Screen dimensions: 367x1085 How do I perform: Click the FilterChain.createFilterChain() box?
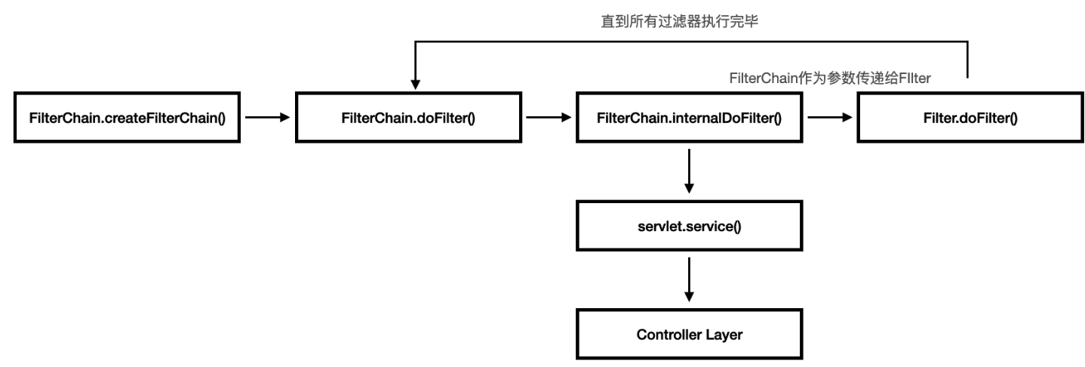point(127,118)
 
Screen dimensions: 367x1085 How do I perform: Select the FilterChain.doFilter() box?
point(407,118)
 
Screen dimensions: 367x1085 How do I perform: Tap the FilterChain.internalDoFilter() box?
point(688,118)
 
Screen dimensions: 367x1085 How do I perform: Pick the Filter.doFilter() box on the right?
point(969,118)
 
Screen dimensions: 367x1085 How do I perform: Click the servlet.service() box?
point(688,226)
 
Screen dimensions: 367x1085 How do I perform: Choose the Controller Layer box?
point(688,334)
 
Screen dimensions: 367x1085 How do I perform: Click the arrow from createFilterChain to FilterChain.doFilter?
point(267,118)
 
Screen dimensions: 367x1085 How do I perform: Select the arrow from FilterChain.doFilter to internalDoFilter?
point(548,118)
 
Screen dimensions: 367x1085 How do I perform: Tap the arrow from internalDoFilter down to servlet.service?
point(688,171)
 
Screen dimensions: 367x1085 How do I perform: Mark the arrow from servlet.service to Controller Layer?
point(688,279)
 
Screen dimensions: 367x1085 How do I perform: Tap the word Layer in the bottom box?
point(725,334)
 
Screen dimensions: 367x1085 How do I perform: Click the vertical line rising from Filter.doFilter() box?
point(968,60)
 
